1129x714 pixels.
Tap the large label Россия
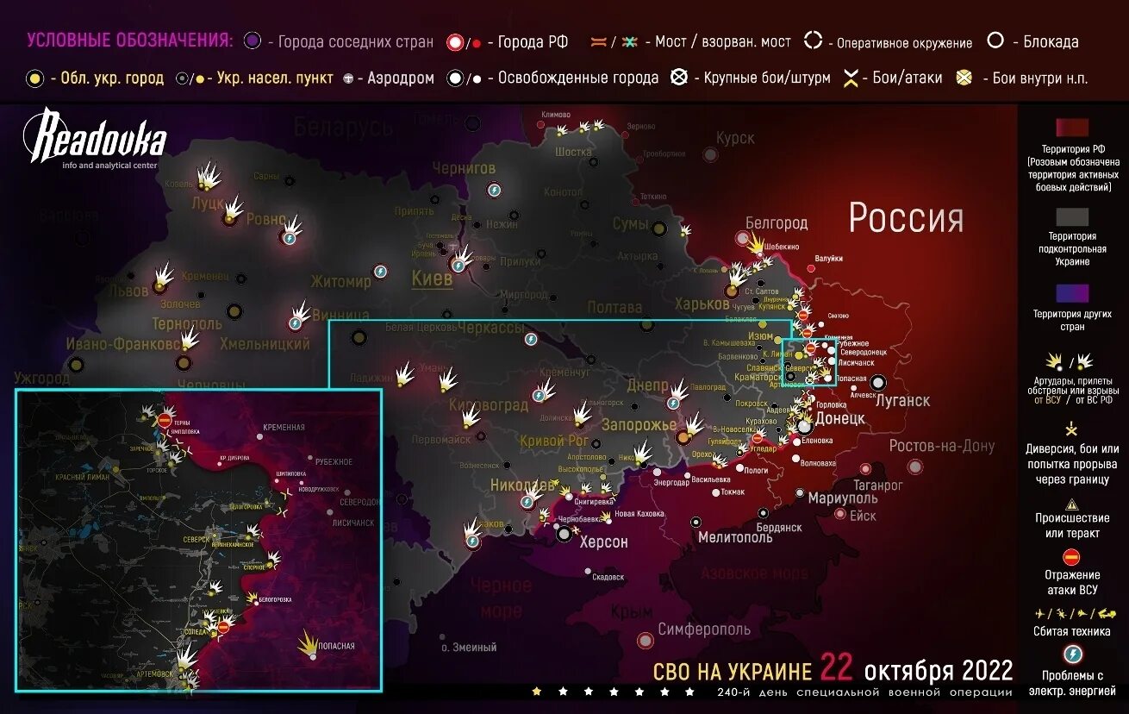point(906,218)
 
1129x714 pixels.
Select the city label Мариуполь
point(842,498)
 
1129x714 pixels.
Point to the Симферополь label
point(705,629)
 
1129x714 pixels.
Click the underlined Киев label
point(432,279)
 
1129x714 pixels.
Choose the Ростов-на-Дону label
point(941,446)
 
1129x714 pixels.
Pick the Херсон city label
point(603,542)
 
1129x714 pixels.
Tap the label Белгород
point(776,223)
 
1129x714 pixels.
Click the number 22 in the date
point(836,667)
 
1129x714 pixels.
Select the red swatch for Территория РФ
point(1072,128)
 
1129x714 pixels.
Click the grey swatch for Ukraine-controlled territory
point(1072,216)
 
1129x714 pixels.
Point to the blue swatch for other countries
point(1072,294)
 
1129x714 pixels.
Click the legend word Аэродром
point(400,78)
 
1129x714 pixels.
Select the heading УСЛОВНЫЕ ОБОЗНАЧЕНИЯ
point(129,41)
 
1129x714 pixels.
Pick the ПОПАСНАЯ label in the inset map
point(335,646)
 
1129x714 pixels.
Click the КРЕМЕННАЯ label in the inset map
point(285,428)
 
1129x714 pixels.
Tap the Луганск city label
point(902,401)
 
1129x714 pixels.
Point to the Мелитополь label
point(735,537)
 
